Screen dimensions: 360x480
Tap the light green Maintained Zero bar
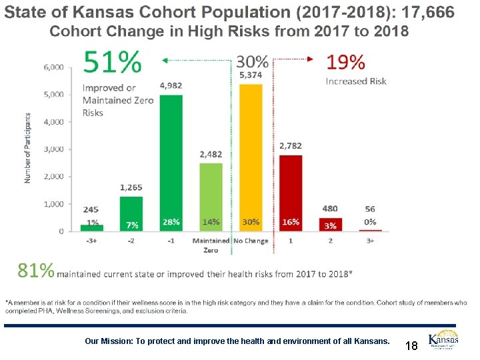click(x=211, y=197)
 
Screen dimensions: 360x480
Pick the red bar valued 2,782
click(x=291, y=193)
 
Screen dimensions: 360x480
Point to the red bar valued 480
click(x=330, y=224)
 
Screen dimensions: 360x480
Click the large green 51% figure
click(x=111, y=63)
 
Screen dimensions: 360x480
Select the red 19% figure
click(x=345, y=63)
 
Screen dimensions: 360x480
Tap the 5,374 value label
click(x=250, y=75)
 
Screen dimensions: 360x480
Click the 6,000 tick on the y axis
click(x=54, y=67)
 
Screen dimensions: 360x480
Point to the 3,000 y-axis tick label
click(x=54, y=149)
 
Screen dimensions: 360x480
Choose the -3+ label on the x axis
click(x=92, y=241)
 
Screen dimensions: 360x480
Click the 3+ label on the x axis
click(x=370, y=241)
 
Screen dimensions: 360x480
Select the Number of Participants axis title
click(x=29, y=149)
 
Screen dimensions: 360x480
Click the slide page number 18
click(x=411, y=345)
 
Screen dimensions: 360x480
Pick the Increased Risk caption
click(x=356, y=81)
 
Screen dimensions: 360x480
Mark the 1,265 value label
click(x=131, y=188)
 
